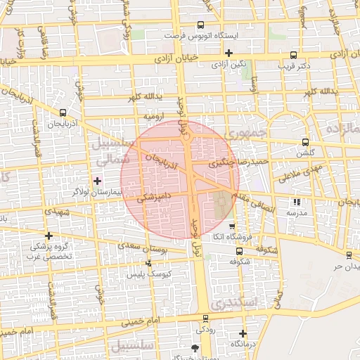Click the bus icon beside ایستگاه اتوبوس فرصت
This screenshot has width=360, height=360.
pyautogui.click(x=202, y=25)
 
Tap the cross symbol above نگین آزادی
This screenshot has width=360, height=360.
pyautogui.click(x=229, y=53)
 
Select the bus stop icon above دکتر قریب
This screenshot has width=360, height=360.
pyautogui.click(x=293, y=56)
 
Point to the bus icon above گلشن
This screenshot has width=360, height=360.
pyautogui.click(x=304, y=141)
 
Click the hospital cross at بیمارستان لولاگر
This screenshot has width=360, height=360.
pyautogui.click(x=97, y=181)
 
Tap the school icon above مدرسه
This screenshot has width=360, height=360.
pyautogui.click(x=295, y=202)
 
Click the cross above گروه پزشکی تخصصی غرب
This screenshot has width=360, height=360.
pyautogui.click(x=49, y=236)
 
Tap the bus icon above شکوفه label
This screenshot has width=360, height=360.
pyautogui.click(x=239, y=250)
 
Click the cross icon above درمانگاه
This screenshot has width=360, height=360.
pyautogui.click(x=243, y=333)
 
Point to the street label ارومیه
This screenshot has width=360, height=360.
pyautogui.click(x=153, y=115)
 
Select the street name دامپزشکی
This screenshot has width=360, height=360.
pyautogui.click(x=151, y=199)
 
